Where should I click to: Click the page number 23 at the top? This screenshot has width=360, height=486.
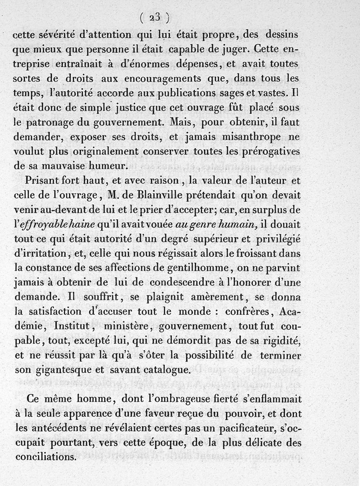click(154, 18)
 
